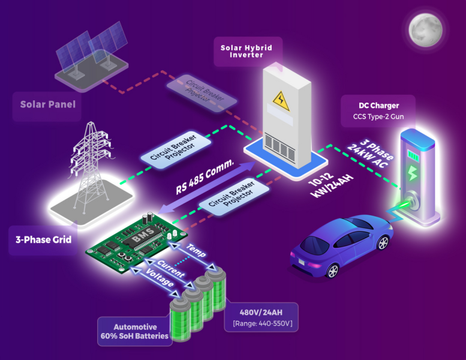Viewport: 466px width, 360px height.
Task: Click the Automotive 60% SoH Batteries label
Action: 134,331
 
